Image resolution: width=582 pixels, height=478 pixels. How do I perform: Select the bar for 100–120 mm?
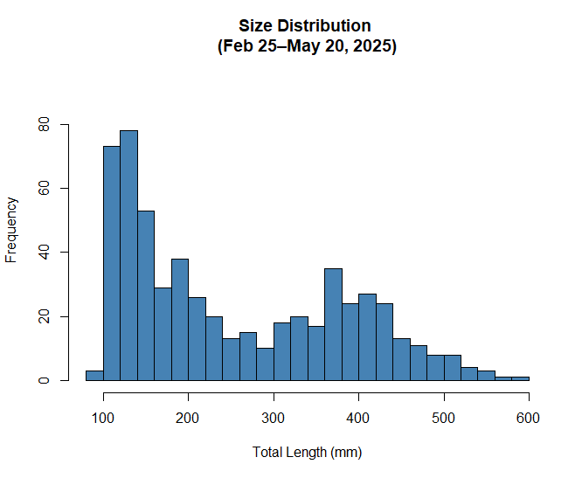click(112, 263)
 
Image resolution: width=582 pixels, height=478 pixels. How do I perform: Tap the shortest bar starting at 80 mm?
click(94, 376)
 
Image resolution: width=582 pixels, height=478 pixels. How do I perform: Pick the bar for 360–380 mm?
click(333, 324)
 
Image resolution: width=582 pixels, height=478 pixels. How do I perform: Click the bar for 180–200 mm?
click(180, 320)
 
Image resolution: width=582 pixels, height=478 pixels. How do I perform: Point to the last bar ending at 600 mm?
click(520, 378)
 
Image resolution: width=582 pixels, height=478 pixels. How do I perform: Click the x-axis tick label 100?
click(103, 419)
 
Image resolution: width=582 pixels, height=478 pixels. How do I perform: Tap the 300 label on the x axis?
click(274, 419)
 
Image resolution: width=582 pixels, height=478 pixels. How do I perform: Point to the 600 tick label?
click(529, 419)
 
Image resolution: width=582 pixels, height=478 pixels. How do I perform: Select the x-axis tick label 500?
click(444, 419)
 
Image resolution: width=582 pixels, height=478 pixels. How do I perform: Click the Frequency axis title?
click(12, 229)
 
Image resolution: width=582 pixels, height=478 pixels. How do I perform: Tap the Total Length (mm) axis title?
click(307, 453)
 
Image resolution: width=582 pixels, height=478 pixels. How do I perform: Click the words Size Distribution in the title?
click(305, 26)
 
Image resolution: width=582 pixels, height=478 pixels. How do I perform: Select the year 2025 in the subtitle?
click(373, 46)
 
